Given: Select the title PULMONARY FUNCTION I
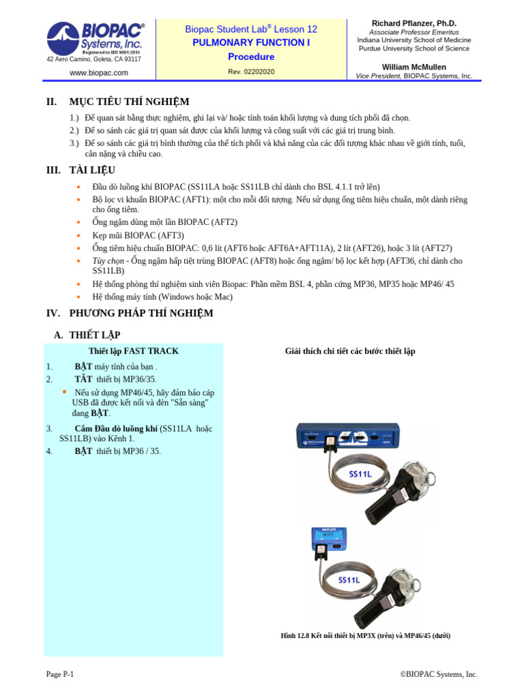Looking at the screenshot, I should tap(251, 43).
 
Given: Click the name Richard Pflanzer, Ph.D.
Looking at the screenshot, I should tap(413, 23).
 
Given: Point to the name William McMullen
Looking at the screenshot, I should tap(413, 67).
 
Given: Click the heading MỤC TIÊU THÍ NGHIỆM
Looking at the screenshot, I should tap(129, 102).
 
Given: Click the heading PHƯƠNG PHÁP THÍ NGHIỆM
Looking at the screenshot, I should tap(141, 313).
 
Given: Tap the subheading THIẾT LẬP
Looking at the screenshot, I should tap(96, 335).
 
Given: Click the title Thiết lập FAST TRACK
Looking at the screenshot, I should tap(134, 351).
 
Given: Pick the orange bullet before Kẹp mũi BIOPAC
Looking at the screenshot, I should tap(78, 235).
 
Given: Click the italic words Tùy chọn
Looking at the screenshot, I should tap(108, 260).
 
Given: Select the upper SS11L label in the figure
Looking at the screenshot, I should tap(360, 473).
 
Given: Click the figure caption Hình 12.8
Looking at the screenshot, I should tap(365, 635).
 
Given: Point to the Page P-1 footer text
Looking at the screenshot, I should tap(60, 674).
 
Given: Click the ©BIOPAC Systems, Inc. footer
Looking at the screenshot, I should tap(439, 674).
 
